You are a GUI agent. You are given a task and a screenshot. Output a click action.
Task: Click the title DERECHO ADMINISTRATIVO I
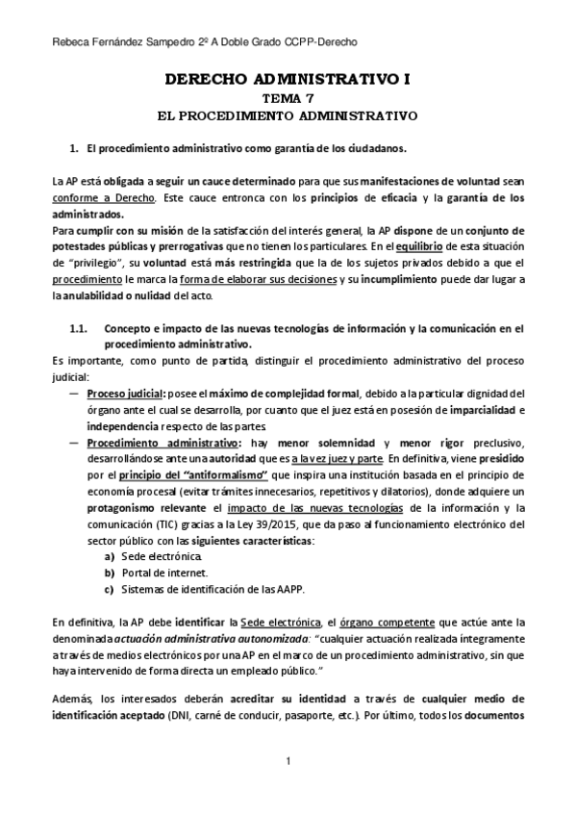pyautogui.click(x=288, y=82)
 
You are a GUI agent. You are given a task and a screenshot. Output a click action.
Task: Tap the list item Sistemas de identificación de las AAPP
pyautogui.click(x=191, y=589)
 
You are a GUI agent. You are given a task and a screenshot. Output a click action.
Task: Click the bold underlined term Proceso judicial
pyautogui.click(x=125, y=393)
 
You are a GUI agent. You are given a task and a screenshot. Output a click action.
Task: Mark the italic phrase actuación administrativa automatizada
pyautogui.click(x=185, y=639)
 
